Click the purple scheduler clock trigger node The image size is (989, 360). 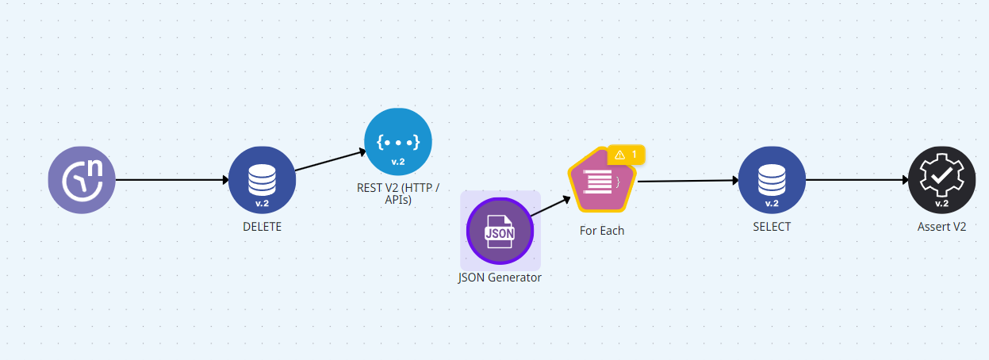point(82,180)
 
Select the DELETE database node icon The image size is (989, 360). point(262,181)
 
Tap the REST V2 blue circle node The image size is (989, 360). point(397,141)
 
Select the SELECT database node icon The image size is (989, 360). point(772,181)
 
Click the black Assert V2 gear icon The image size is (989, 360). point(942,181)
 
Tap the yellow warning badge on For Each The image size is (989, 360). point(626,154)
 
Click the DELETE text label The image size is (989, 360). point(262,227)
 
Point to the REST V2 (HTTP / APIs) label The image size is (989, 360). point(397,193)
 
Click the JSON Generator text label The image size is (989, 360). point(500,278)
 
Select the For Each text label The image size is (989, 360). point(602,231)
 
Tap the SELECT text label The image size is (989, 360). point(772,227)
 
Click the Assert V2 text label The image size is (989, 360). point(942,227)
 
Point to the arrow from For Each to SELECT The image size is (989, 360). point(687,181)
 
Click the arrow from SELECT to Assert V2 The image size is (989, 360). point(857,180)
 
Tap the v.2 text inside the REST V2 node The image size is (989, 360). point(397,162)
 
